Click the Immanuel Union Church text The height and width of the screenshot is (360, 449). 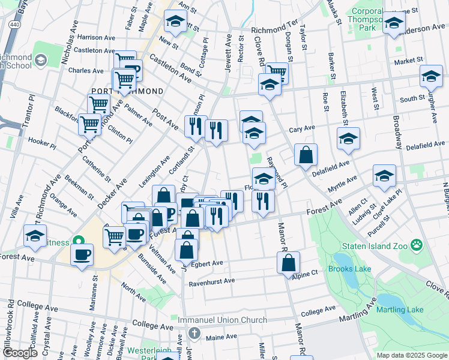222,320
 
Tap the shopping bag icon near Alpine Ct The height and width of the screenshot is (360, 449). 288,262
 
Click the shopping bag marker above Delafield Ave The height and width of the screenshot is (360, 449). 306,154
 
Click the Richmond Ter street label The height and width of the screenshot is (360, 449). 274,29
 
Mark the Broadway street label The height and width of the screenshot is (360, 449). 397,133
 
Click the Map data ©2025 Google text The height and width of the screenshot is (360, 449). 411,355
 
